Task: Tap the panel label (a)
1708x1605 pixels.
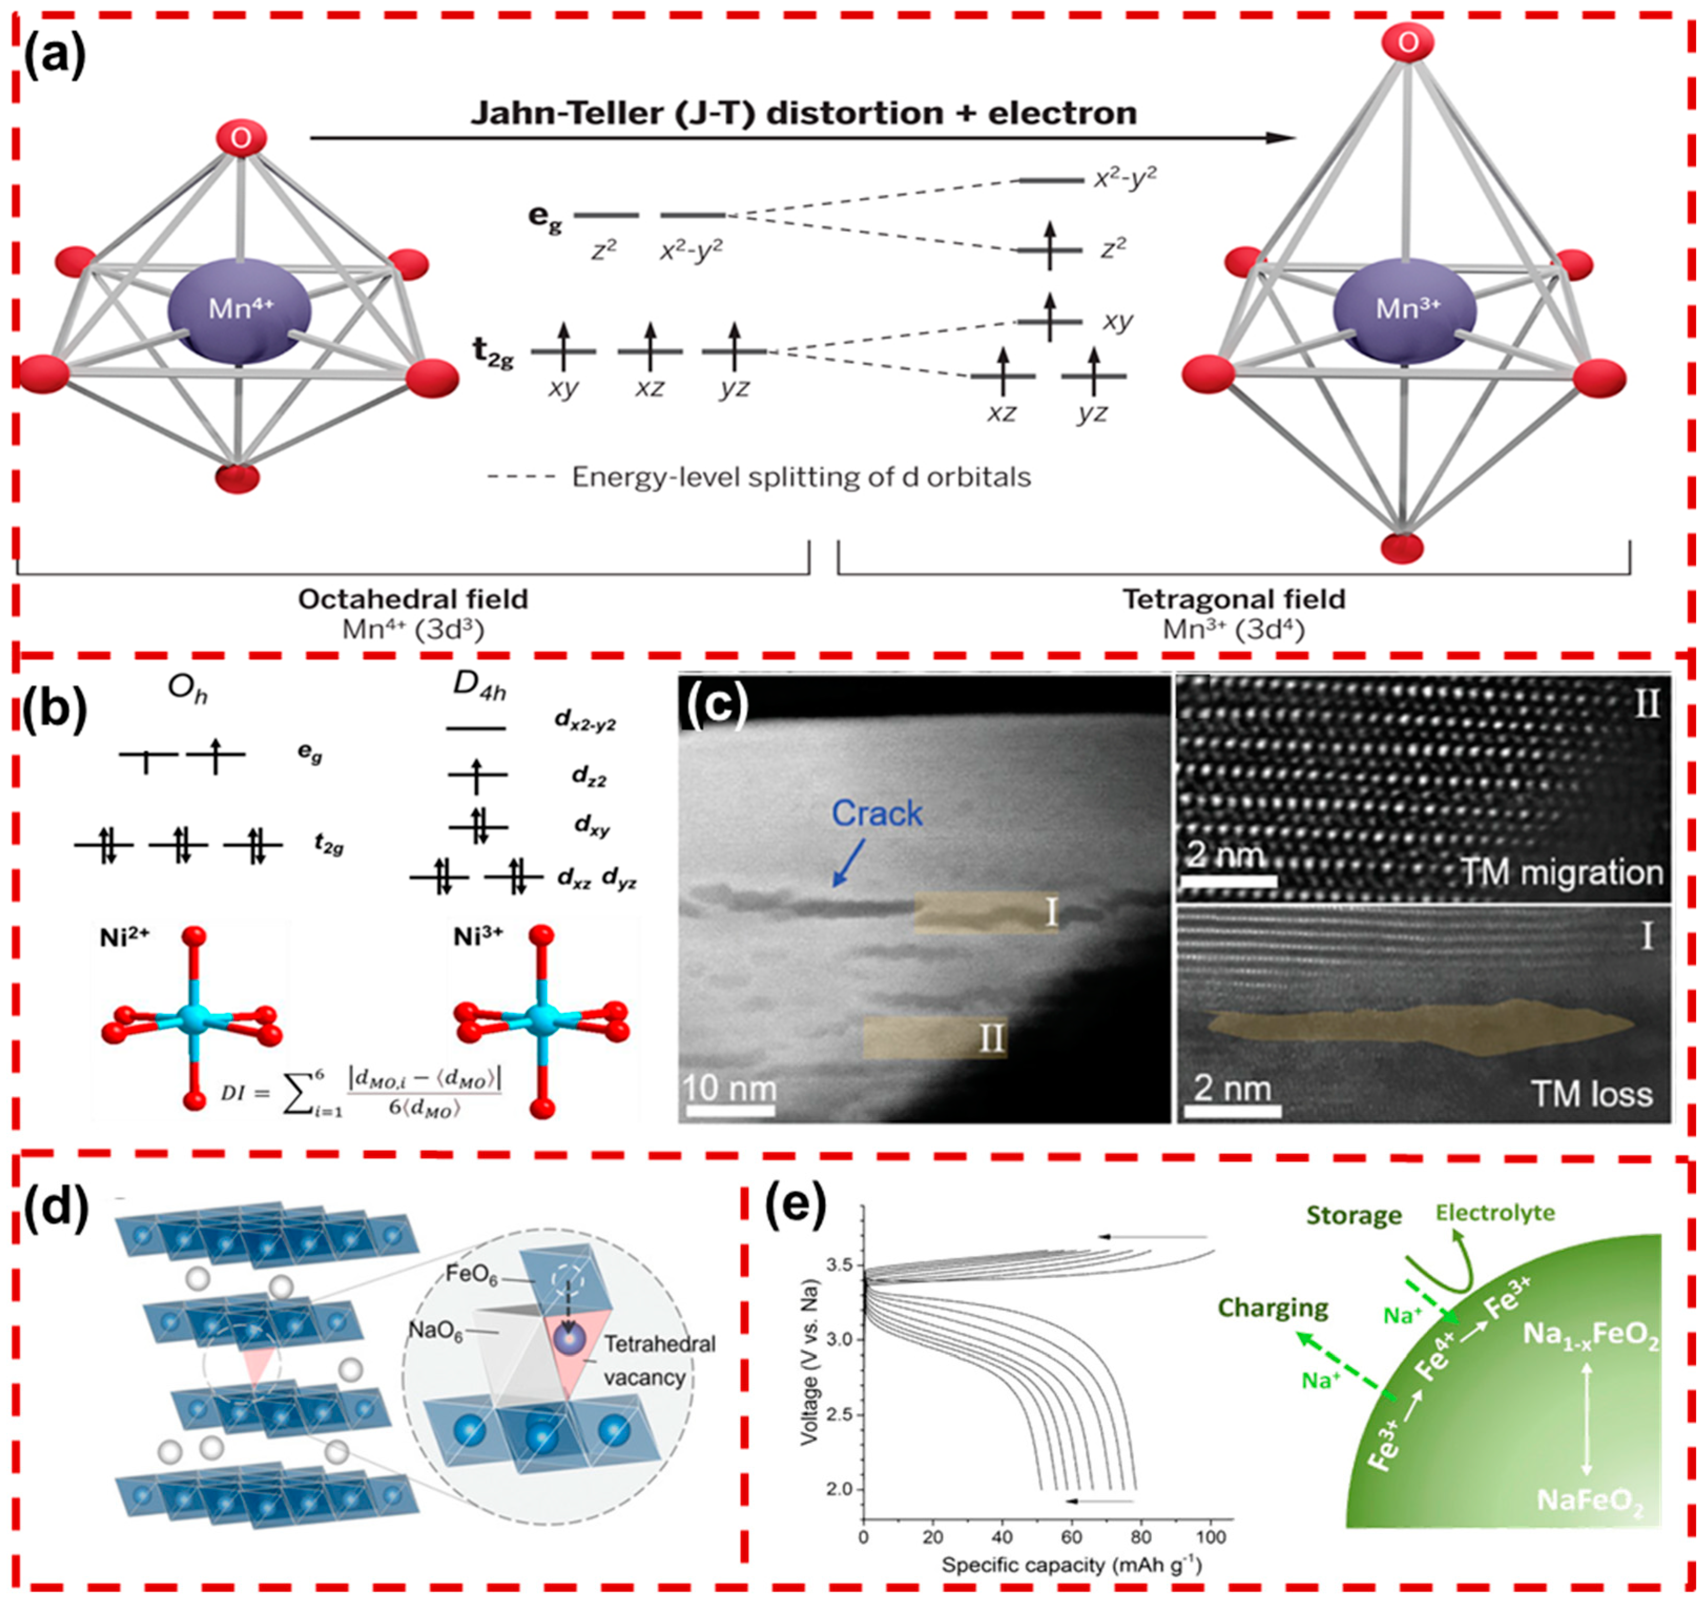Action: (x=53, y=58)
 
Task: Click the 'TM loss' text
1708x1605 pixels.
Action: (x=1591, y=1094)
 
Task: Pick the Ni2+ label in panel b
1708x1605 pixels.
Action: (x=125, y=937)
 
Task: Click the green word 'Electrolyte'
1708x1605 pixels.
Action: (x=1495, y=1213)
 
